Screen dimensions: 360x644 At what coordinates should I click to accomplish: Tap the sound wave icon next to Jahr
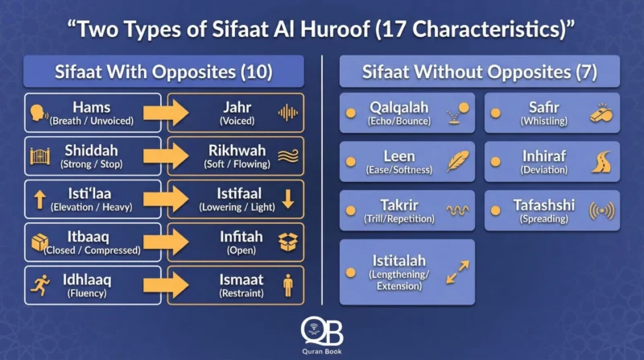pos(287,113)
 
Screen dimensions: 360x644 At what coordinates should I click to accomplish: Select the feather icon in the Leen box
pos(458,161)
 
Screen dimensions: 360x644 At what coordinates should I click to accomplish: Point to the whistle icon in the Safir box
pos(602,113)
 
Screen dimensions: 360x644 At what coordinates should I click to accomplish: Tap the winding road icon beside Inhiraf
pos(602,161)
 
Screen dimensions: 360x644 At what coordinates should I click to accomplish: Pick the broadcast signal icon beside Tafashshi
pos(602,210)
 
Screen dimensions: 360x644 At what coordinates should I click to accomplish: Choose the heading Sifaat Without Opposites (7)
pos(479,72)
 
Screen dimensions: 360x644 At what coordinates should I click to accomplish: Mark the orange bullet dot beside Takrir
pos(351,210)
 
